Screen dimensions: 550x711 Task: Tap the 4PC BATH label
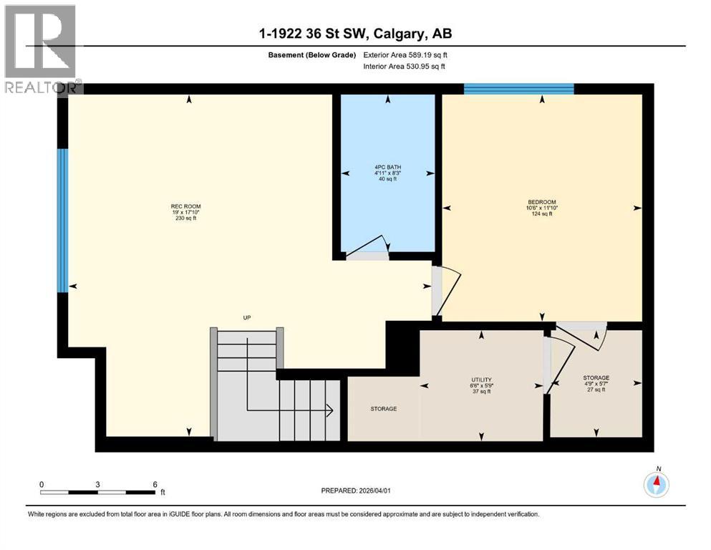click(x=387, y=167)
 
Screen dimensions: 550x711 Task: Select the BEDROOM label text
click(x=541, y=202)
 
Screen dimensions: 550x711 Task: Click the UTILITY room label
click(x=480, y=380)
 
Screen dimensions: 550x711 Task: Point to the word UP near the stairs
click(x=246, y=317)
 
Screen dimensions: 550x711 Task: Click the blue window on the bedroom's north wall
click(x=518, y=90)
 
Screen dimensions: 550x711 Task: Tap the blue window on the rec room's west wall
click(x=62, y=220)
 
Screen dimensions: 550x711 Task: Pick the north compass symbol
click(x=656, y=485)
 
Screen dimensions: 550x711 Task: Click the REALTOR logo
click(x=41, y=49)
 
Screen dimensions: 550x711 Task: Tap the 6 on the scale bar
click(x=155, y=484)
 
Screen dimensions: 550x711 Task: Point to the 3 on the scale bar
click(x=97, y=484)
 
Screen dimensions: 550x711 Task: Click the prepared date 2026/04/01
click(x=356, y=491)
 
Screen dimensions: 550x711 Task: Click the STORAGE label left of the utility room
click(x=384, y=409)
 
